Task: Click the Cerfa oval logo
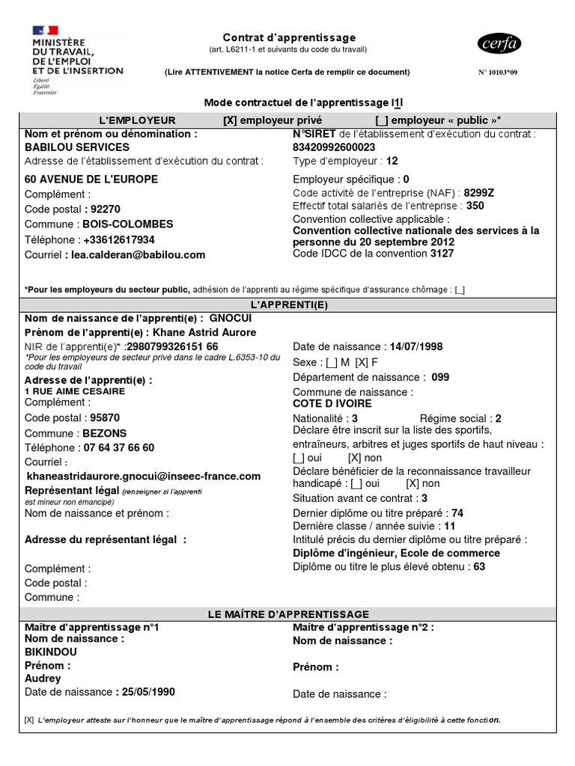tap(498, 44)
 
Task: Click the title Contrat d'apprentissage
tap(289, 37)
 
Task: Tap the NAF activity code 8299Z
tap(479, 192)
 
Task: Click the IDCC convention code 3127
tap(442, 253)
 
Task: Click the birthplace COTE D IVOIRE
tap(332, 403)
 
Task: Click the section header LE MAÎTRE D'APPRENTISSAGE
tap(288, 614)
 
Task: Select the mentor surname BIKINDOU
tap(51, 652)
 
